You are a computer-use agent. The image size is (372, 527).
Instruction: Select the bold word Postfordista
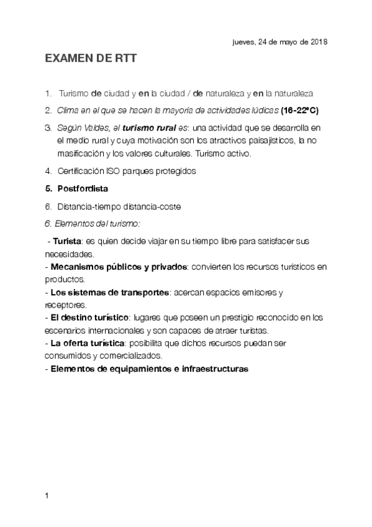point(84,188)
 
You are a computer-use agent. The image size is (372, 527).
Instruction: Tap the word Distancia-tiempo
point(88,205)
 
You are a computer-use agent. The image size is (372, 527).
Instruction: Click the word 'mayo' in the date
point(283,42)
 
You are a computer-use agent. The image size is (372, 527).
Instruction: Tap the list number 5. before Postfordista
point(48,188)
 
